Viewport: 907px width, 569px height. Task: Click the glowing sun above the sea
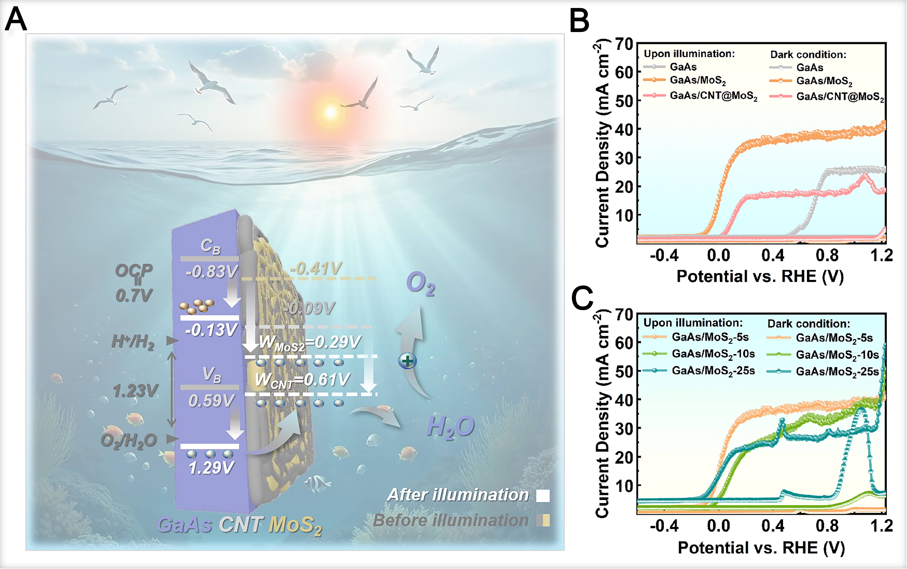point(331,112)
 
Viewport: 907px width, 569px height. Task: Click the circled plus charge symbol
point(407,361)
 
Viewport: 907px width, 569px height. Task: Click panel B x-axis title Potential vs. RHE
point(760,277)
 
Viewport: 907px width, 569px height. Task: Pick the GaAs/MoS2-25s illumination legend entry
point(713,371)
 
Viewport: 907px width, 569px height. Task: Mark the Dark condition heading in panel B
point(808,55)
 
